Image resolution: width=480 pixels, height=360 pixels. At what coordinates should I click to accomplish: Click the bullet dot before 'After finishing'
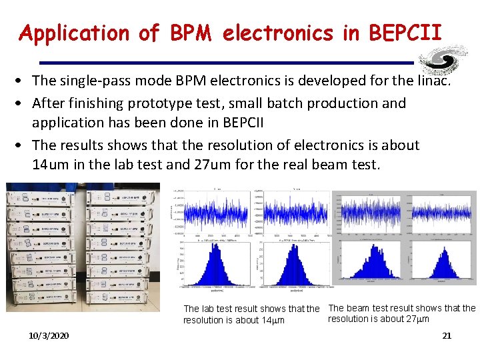click(22, 103)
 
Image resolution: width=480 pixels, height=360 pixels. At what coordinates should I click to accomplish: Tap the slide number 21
click(447, 335)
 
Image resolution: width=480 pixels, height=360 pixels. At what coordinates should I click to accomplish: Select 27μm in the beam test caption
click(415, 319)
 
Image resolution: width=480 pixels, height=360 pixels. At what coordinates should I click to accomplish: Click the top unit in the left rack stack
click(45, 199)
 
